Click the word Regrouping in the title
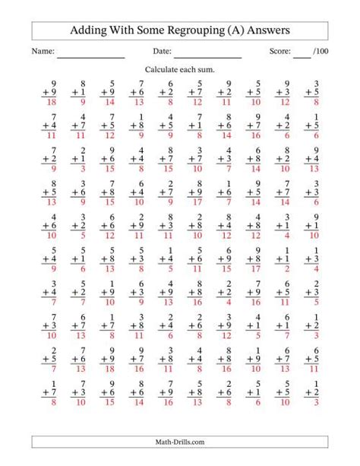tap(190, 30)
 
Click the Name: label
tap(43, 52)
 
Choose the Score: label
tap(279, 52)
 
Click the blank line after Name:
tap(90, 55)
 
